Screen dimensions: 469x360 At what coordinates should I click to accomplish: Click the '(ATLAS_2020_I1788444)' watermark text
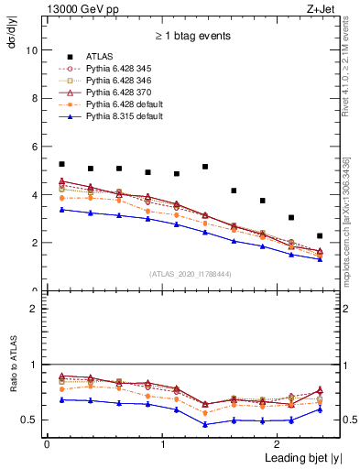point(189,273)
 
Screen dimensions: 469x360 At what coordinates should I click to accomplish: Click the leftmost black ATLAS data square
point(61,164)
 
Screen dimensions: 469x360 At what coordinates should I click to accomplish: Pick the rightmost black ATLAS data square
point(320,235)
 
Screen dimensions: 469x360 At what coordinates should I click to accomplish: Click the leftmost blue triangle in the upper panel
point(61,210)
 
